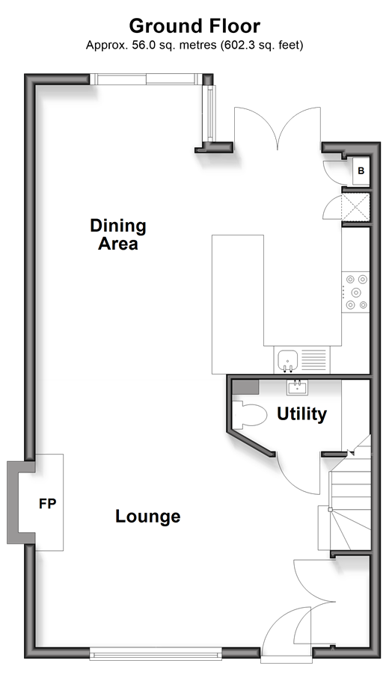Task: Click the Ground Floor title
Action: point(194,26)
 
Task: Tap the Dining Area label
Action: point(118,235)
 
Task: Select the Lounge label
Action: point(148,516)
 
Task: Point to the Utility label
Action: point(301,414)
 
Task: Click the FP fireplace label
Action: point(47,504)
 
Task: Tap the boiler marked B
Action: point(361,171)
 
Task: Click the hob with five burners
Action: point(355,292)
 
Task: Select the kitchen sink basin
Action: point(288,360)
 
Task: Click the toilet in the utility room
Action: point(249,414)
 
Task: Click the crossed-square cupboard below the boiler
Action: point(355,207)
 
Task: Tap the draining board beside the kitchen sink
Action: point(314,360)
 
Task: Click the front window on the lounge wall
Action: point(156,656)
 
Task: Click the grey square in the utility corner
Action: point(245,387)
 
